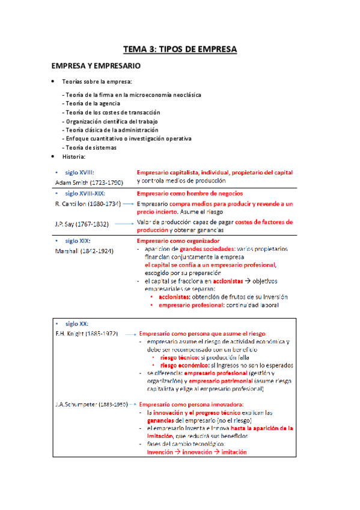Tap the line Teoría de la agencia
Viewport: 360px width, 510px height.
[93, 103]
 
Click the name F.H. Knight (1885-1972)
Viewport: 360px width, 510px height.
[87, 333]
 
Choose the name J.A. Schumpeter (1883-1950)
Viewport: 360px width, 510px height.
[91, 405]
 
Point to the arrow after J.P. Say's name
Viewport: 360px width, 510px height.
[123, 223]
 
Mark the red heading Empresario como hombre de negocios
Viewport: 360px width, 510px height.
[190, 194]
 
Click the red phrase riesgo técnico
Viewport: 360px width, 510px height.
[179, 357]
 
